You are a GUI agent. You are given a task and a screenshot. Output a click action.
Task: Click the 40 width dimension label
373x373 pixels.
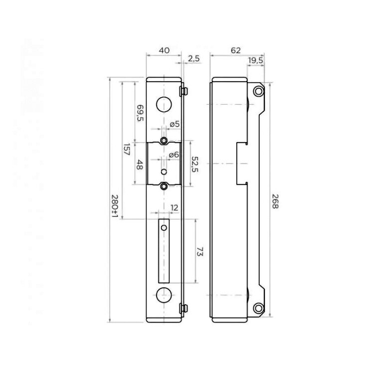coord(164,50)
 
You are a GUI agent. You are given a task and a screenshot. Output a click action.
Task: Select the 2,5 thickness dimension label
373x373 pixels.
coord(193,58)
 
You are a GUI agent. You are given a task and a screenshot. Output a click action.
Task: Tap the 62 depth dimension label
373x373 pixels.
coord(236,50)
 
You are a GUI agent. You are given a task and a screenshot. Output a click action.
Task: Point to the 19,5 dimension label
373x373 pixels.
coord(255,60)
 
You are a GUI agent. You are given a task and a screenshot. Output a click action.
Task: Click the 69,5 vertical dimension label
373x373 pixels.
coord(140,113)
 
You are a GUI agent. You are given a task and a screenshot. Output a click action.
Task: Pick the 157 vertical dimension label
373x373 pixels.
coord(127,150)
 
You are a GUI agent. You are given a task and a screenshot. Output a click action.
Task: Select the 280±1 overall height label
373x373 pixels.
coord(115,207)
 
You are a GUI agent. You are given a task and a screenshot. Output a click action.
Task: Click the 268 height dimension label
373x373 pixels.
coord(275,201)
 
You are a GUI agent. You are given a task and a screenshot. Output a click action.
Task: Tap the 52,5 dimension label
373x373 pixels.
coord(195,165)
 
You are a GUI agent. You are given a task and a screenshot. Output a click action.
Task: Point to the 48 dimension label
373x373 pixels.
coord(140,165)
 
